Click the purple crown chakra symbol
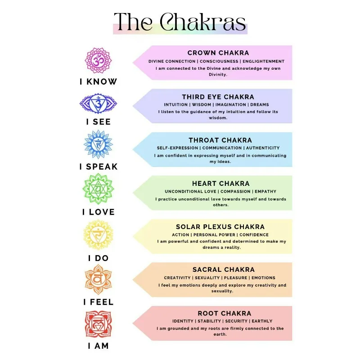coord(98,60)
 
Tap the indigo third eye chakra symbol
coord(98,103)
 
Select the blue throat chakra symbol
coord(98,144)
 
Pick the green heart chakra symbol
coord(99,189)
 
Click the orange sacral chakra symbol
coord(98,279)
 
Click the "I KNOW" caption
coord(98,82)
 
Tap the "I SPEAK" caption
coord(98,166)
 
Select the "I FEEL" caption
coord(98,302)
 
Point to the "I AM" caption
coord(98,346)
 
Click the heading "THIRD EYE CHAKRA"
coord(218,97)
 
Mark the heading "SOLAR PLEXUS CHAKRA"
coord(220,227)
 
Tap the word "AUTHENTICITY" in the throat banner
coord(262,148)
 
